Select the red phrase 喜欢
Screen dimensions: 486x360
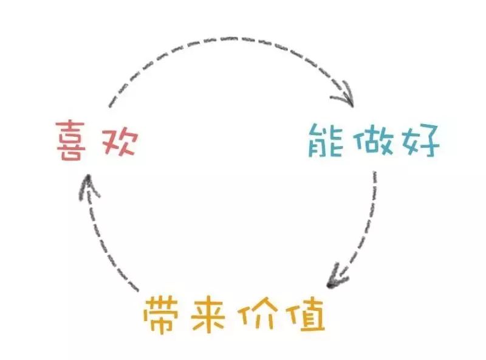pos(94,140)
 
